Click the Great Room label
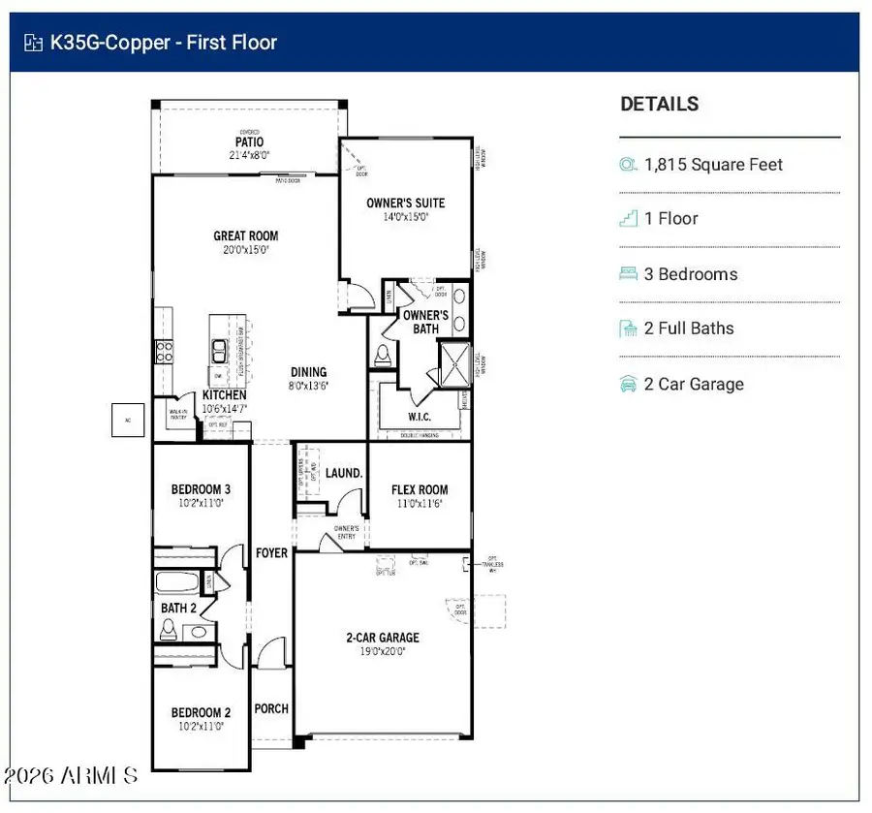[245, 235]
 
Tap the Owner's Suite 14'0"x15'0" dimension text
[405, 217]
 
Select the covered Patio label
[249, 142]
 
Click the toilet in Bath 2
[168, 630]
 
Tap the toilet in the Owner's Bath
[383, 355]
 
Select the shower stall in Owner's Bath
[454, 363]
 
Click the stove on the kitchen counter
[163, 351]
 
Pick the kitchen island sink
[220, 349]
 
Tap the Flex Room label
[420, 489]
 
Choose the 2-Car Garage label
[383, 638]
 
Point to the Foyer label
[271, 552]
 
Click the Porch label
[271, 708]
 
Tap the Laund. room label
[344, 474]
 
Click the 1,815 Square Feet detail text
[713, 165]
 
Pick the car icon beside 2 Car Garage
[628, 385]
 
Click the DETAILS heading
[659, 104]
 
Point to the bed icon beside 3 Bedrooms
[628, 274]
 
